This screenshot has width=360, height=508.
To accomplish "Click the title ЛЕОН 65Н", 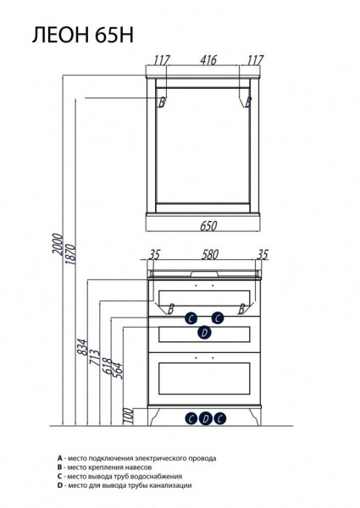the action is tap(83, 35).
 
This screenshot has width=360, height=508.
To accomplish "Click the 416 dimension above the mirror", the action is tap(208, 60).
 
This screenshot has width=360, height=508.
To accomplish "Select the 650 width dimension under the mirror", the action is tap(208, 225).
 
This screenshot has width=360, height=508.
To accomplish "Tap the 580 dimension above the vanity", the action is tap(210, 255).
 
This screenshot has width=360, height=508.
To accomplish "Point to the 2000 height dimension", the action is tap(58, 245).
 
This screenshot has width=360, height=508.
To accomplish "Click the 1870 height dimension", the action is tap(70, 254).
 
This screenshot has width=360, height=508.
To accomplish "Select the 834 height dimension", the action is tap(83, 347).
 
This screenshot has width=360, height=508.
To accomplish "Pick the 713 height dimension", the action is tap(95, 357).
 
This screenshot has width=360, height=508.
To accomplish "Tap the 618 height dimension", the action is tap(108, 367).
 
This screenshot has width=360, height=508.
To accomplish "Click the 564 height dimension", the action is tap(119, 371).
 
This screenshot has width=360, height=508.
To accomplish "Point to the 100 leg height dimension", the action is tap(129, 416).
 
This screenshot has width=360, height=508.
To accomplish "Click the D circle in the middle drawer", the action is tap(204, 333).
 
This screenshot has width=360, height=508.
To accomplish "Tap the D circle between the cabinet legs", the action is tap(206, 418).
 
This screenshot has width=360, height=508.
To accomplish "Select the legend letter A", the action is tap(59, 458).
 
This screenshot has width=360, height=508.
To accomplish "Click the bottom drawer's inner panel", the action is tap(204, 378).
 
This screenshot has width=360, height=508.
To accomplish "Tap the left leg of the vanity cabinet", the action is tap(154, 417).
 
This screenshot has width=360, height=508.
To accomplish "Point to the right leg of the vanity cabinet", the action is tap(254, 417).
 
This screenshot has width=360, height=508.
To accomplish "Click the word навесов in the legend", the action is tap(138, 467).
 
